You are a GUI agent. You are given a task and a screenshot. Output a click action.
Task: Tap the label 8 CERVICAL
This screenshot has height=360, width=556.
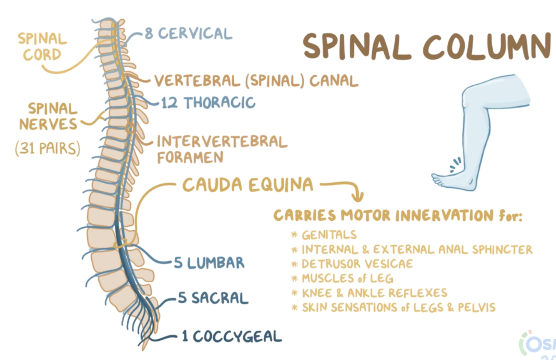pyautogui.click(x=188, y=33)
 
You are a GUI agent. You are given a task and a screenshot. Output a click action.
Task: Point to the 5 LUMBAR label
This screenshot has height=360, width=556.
pyautogui.click(x=209, y=263)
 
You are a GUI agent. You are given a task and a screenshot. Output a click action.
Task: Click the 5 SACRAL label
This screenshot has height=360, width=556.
pyautogui.click(x=213, y=298)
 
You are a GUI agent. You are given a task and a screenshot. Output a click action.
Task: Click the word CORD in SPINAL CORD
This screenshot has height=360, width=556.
pyautogui.click(x=42, y=55)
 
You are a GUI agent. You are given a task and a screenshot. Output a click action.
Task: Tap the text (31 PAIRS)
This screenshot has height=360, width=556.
pyautogui.click(x=48, y=149)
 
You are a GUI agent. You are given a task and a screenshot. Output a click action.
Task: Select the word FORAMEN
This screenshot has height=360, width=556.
pyautogui.click(x=190, y=157)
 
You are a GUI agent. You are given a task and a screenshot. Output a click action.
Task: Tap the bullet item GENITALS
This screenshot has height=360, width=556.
pyautogui.click(x=329, y=235)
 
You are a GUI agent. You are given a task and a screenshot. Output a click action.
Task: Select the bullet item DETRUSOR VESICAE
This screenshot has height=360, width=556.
pyautogui.click(x=357, y=264)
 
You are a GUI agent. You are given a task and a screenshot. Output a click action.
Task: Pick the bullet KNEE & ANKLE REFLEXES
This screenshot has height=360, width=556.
pyautogui.click(x=374, y=292)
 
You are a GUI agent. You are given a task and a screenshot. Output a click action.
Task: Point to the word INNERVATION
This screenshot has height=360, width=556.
pyautogui.click(x=444, y=216)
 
